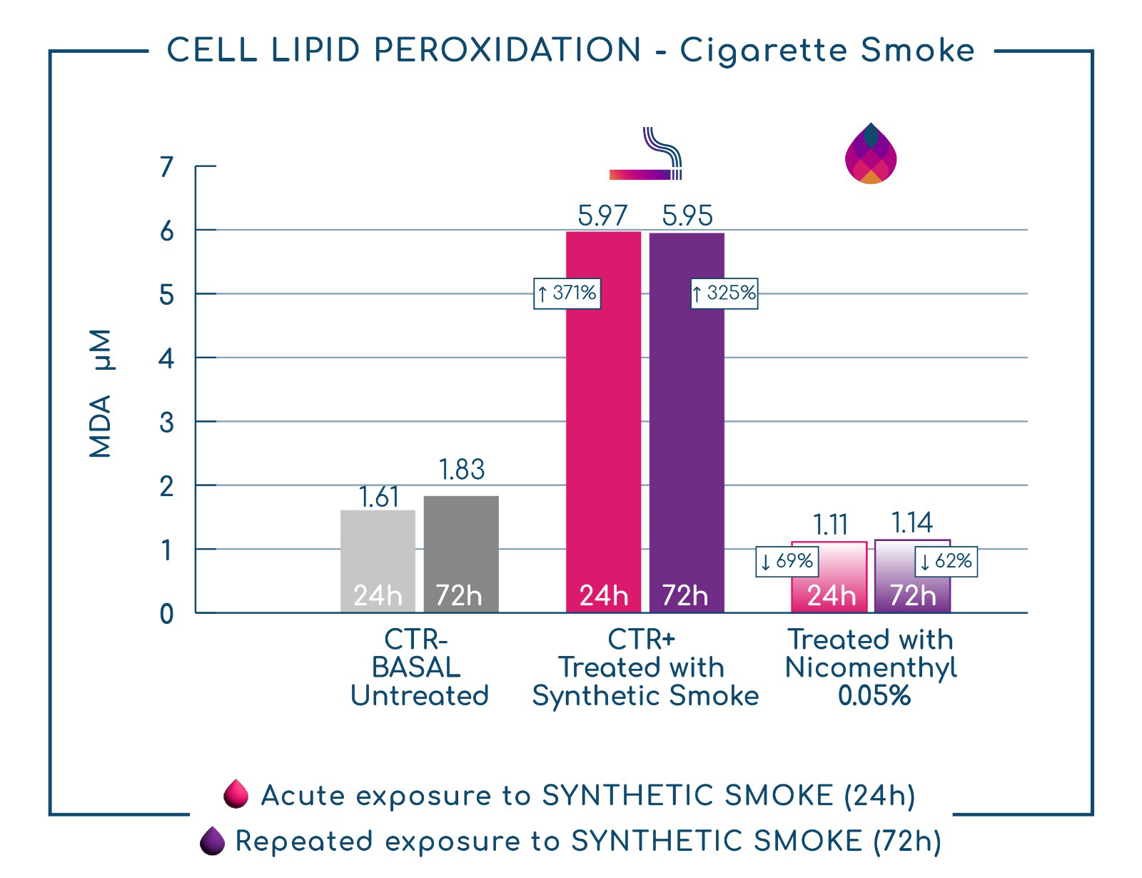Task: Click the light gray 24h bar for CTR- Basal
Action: (378, 560)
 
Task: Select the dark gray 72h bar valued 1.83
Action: (461, 554)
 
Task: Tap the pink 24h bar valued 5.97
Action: (603, 422)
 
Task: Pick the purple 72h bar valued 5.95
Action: (687, 423)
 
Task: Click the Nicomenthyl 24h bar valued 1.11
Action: (829, 577)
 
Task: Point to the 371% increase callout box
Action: (567, 293)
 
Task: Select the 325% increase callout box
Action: (724, 293)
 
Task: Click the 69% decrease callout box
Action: (787, 562)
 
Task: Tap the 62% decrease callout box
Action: (946, 562)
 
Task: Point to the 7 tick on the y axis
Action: (166, 167)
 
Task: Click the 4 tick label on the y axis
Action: (166, 359)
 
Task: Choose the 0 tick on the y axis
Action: (166, 614)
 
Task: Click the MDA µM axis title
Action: (101, 393)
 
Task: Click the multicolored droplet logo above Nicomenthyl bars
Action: (871, 153)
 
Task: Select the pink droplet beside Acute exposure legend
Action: (236, 793)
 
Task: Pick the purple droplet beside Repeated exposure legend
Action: (212, 841)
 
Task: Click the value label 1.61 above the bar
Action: (379, 497)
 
